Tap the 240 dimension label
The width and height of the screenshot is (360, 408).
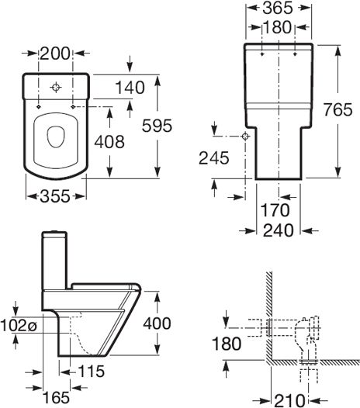[277, 230]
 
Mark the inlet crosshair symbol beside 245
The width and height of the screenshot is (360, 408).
[246, 136]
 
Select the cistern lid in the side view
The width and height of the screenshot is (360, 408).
[55, 234]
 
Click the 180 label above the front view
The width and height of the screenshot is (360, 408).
[277, 27]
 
